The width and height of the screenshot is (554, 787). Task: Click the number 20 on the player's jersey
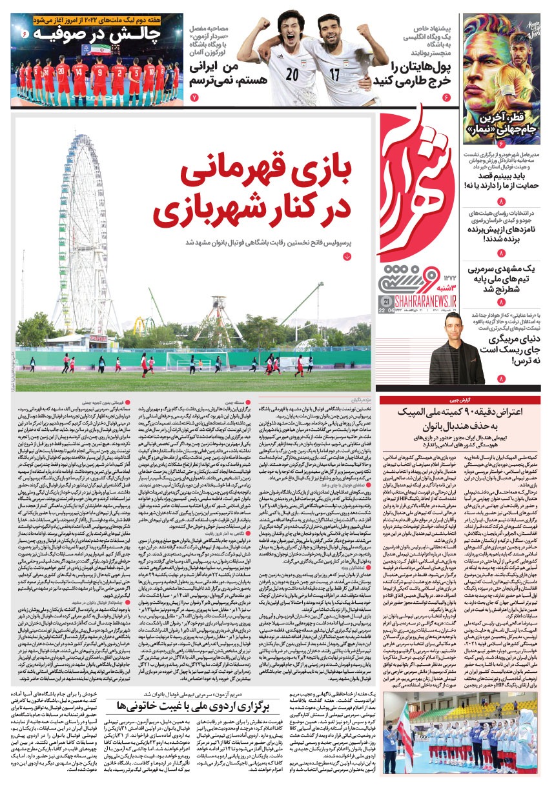[292, 74]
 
